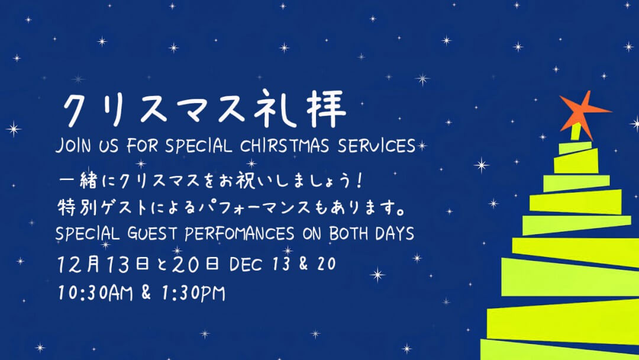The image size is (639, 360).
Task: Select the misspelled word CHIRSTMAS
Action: (285, 146)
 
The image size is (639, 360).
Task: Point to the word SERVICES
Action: (376, 146)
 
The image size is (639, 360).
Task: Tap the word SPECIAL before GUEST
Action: (87, 234)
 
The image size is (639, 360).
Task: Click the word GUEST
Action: (152, 234)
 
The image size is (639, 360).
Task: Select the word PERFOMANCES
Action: (239, 234)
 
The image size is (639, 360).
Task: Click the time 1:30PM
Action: (193, 293)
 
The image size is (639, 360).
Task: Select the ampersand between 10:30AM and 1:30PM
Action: (146, 292)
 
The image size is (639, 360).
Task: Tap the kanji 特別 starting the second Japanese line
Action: (78, 207)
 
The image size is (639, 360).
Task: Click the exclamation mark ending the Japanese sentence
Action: (359, 180)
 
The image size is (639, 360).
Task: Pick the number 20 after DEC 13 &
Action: (327, 264)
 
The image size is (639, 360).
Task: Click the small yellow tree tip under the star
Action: (576, 131)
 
